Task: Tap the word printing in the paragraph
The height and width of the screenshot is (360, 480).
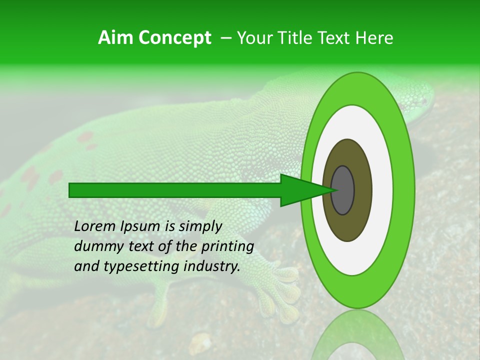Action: pyautogui.click(x=227, y=246)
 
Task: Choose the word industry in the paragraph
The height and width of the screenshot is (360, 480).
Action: pyautogui.click(x=211, y=266)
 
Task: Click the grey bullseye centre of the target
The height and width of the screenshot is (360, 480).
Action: pyautogui.click(x=342, y=190)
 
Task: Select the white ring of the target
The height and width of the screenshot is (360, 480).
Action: pyautogui.click(x=382, y=190)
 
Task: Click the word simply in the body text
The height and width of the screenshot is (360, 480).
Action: pyautogui.click(x=199, y=226)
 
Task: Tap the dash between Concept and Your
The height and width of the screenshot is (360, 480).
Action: pyautogui.click(x=225, y=38)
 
